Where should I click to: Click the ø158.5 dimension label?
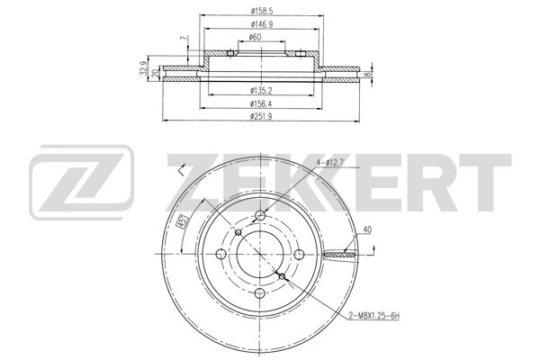(262, 12)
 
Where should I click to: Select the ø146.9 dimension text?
(262, 24)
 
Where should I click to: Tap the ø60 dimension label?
(255, 37)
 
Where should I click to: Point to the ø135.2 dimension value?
(261, 91)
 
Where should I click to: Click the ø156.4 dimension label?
(261, 103)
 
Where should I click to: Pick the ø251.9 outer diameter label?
(261, 116)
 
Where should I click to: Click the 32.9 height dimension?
(144, 67)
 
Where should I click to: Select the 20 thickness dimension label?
(156, 74)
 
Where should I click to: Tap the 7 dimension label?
(184, 39)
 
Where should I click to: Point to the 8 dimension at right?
(367, 75)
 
